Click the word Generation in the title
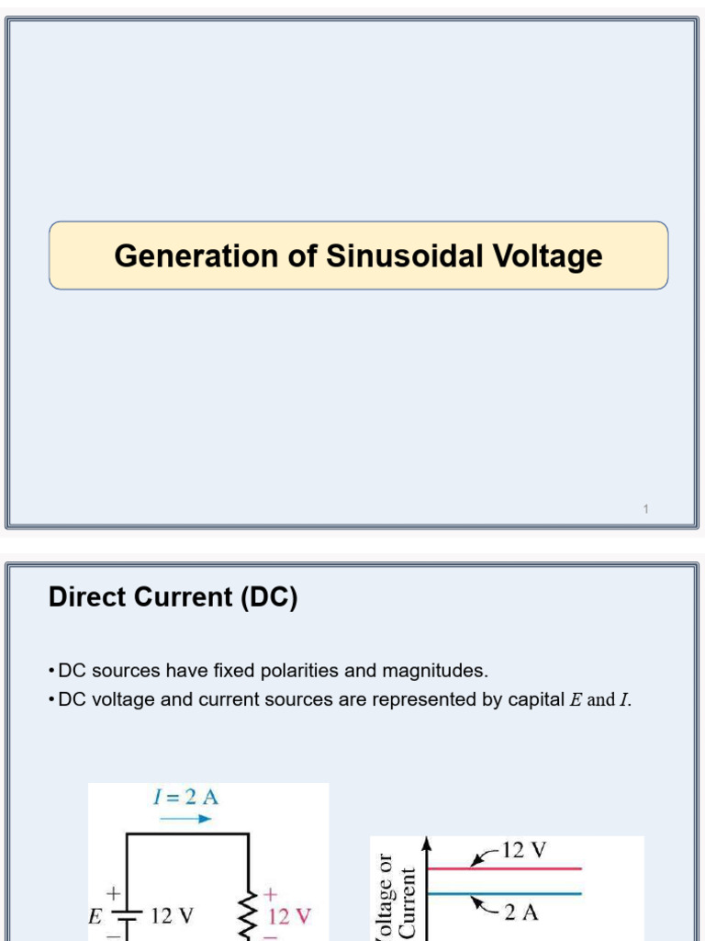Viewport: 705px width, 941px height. [x=196, y=255]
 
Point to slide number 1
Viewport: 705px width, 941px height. [x=645, y=509]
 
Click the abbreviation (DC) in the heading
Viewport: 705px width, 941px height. [x=269, y=597]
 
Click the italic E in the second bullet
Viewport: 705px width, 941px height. [x=576, y=700]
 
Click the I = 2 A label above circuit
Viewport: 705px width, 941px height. [x=185, y=797]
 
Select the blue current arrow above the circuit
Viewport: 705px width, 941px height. [x=185, y=819]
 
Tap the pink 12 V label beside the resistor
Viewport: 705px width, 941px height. [x=289, y=916]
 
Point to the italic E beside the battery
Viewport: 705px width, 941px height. [x=95, y=916]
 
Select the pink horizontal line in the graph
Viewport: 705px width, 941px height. [x=504, y=868]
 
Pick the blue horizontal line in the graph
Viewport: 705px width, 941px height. [x=504, y=893]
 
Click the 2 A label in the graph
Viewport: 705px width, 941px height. [x=521, y=913]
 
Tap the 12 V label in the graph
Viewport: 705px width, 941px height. [x=524, y=850]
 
